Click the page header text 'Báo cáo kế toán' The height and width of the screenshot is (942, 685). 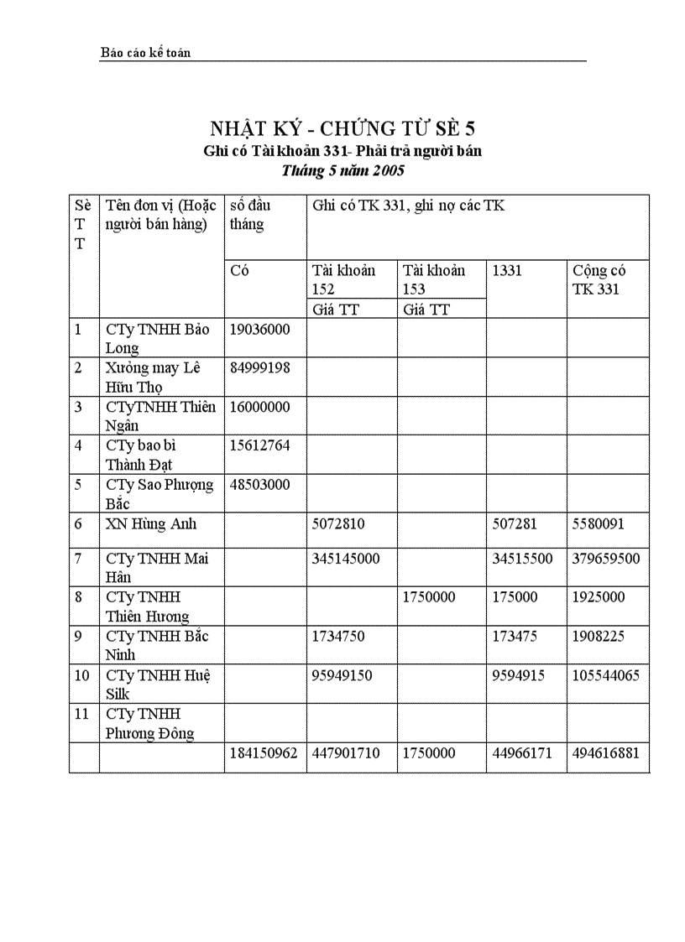click(x=145, y=53)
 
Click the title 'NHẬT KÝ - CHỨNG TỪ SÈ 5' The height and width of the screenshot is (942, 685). click(x=342, y=128)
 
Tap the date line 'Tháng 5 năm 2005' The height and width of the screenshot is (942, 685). click(x=342, y=170)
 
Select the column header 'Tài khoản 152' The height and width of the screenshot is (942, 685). click(x=343, y=279)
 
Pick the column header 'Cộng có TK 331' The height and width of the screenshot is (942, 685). click(x=599, y=279)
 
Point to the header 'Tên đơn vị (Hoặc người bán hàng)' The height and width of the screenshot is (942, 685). click(x=160, y=215)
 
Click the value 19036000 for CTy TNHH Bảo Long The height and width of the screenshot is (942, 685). click(x=259, y=329)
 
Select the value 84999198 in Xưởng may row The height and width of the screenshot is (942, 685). click(x=259, y=367)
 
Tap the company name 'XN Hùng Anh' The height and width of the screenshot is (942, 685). click(x=151, y=523)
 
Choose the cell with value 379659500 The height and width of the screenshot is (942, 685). click(x=606, y=559)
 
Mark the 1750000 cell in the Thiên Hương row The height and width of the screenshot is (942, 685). click(x=429, y=597)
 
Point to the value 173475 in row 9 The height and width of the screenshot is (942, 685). click(x=517, y=636)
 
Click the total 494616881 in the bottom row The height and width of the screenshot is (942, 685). click(x=606, y=753)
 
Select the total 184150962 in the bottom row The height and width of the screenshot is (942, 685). click(x=264, y=753)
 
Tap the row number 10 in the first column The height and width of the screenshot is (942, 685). click(x=82, y=675)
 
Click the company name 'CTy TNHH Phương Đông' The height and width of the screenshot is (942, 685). click(x=149, y=723)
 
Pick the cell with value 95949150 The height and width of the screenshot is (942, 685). click(x=342, y=675)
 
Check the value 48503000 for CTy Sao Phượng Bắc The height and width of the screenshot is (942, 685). click(x=259, y=485)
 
